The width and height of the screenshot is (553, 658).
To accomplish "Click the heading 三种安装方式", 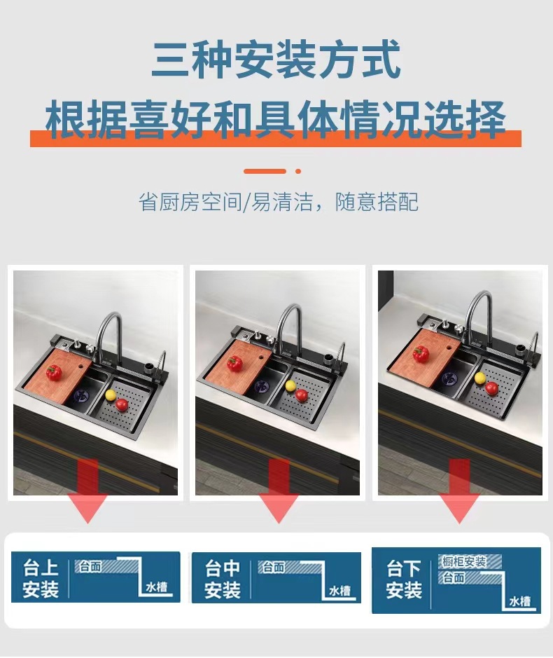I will click(276, 60).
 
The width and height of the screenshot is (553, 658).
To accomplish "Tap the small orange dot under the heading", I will click(298, 171).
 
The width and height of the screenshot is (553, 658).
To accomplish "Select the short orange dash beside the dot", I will click(265, 171).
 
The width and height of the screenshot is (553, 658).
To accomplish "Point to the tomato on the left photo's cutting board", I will click(54, 372).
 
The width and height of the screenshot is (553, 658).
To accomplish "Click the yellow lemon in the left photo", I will click(109, 395).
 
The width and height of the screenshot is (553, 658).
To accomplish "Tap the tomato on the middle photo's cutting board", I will click(234, 363).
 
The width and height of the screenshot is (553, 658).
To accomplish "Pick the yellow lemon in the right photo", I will click(480, 378).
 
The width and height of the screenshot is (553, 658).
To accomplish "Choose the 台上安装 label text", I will click(41, 578).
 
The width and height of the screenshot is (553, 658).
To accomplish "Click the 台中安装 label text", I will click(223, 579).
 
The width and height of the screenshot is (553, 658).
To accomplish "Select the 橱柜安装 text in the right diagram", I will click(463, 562).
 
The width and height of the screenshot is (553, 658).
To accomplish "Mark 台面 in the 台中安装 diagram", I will click(273, 567).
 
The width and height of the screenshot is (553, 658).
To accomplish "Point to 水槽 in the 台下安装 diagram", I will click(519, 601).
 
